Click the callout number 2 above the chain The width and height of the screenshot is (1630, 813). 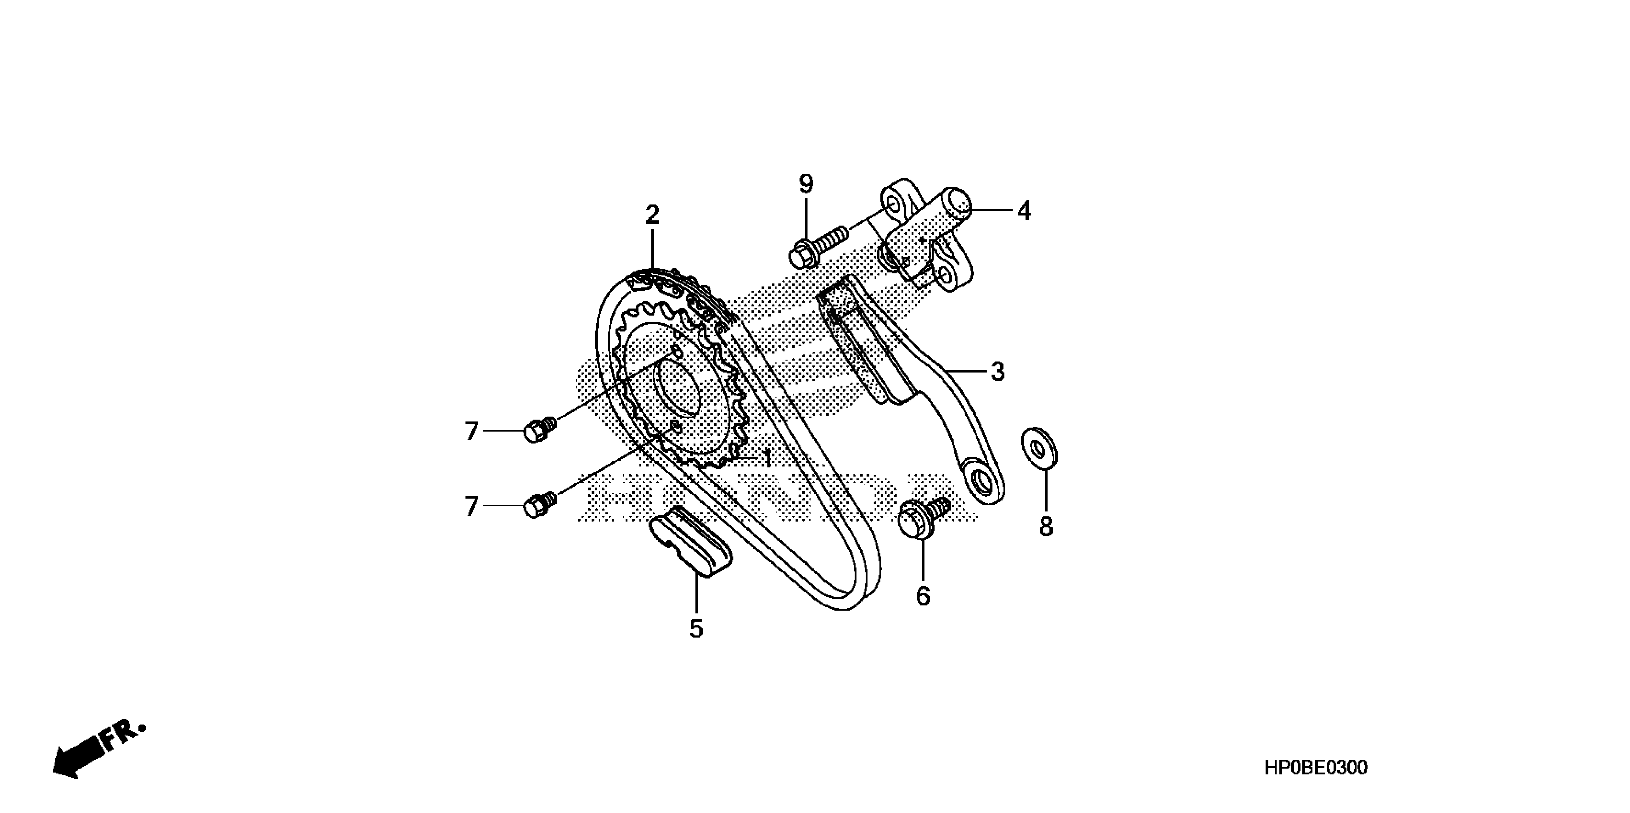[652, 215]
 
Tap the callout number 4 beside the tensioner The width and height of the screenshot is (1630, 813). [1024, 211]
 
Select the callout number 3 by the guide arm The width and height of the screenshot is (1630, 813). [997, 372]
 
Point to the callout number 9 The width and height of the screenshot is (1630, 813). [806, 184]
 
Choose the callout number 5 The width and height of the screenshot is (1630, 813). [696, 629]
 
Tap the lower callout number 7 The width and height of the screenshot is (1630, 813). [471, 507]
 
